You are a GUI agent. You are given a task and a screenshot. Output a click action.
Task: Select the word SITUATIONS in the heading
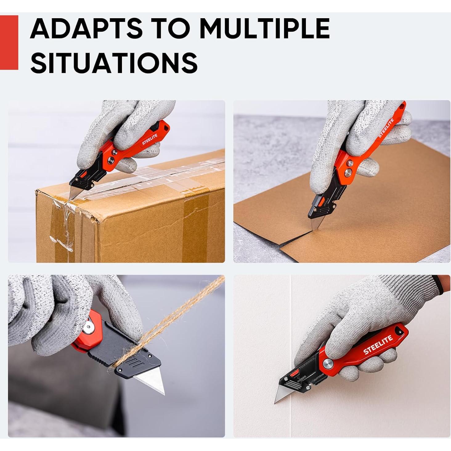114,62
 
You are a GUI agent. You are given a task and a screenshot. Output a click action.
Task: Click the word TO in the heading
171,28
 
